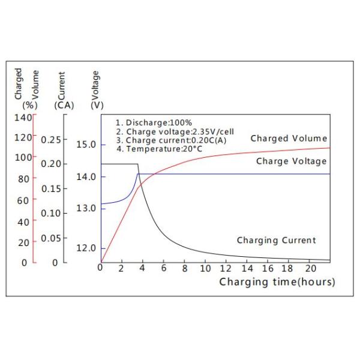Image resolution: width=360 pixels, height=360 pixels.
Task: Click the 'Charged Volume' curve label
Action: [289, 139]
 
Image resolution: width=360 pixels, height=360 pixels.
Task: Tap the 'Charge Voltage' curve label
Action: [291, 161]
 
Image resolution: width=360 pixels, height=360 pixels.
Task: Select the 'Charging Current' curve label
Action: [276, 241]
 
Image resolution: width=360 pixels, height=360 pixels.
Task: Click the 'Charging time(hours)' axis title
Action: [277, 282]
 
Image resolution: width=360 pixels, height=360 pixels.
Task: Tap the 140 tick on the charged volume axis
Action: [22, 117]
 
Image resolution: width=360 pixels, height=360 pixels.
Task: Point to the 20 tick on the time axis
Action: [310, 268]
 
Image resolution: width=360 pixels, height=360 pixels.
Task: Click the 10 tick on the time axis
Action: [205, 268]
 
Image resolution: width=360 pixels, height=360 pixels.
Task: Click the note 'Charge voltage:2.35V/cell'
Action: [166, 131]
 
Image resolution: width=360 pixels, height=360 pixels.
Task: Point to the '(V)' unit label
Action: [97, 106]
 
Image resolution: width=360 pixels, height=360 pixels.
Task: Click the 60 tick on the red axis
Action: [25, 200]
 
